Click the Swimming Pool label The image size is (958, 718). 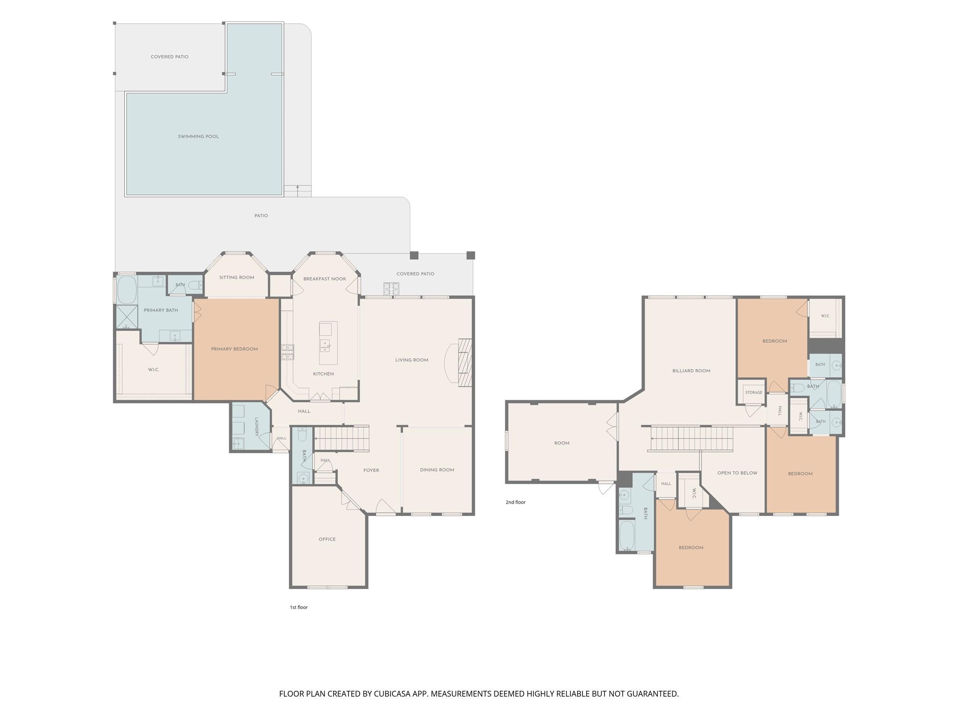pyautogui.click(x=198, y=136)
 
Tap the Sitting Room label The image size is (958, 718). pyautogui.click(x=237, y=277)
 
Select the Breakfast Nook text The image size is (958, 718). pyautogui.click(x=325, y=279)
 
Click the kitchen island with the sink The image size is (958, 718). pyautogui.click(x=328, y=343)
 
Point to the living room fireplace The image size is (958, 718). pyautogui.click(x=465, y=363)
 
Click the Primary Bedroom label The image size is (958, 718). pyautogui.click(x=234, y=349)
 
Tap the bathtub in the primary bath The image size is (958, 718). pyautogui.click(x=126, y=290)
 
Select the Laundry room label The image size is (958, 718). pyautogui.click(x=257, y=427)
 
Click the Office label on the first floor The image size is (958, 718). pyautogui.click(x=327, y=539)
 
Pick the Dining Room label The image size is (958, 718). pyautogui.click(x=437, y=470)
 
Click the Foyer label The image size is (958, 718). pyautogui.click(x=371, y=470)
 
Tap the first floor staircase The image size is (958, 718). pyautogui.click(x=341, y=438)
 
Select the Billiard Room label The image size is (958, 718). pyautogui.click(x=691, y=371)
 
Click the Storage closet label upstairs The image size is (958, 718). pyautogui.click(x=754, y=393)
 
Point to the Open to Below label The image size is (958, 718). pyautogui.click(x=737, y=473)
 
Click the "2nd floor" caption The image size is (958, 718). pyautogui.click(x=515, y=502)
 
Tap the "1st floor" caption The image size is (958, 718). pyautogui.click(x=298, y=607)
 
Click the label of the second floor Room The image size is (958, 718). pyautogui.click(x=562, y=443)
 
